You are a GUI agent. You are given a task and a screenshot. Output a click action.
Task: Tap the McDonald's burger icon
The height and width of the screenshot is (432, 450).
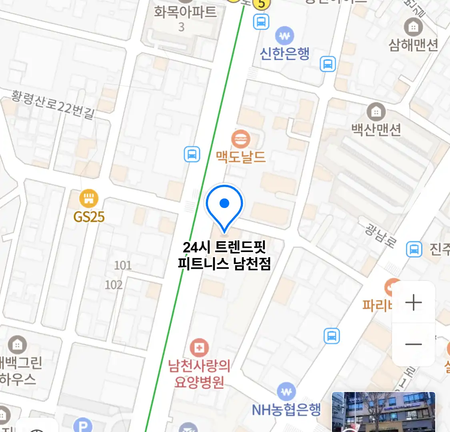241,139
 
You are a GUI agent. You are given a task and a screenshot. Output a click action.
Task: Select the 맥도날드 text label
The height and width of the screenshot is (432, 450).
241,157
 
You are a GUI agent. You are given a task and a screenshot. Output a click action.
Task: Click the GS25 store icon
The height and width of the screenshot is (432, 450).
89,198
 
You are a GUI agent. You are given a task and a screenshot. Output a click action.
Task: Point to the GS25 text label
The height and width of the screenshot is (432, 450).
89,217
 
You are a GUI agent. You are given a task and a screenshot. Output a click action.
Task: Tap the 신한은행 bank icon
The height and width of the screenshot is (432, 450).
284,36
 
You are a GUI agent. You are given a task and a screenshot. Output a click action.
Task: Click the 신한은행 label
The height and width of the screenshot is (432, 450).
284,53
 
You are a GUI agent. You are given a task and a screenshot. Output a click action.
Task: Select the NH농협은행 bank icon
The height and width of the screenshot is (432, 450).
286,392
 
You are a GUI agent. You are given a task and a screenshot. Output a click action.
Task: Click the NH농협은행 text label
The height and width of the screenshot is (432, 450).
286,410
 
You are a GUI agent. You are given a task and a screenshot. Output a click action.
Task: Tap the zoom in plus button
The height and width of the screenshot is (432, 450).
414,302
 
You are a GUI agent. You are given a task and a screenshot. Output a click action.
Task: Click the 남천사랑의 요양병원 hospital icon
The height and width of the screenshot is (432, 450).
199,348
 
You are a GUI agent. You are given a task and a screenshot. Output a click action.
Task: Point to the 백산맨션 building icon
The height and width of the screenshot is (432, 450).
376,112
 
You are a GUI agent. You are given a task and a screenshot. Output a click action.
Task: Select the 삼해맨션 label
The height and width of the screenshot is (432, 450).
414,45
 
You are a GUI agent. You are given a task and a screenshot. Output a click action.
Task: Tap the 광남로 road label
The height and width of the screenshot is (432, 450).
380,235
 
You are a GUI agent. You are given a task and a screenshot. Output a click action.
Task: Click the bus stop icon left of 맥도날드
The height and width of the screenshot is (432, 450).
192,154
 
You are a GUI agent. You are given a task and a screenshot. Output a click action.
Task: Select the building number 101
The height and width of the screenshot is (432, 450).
123,265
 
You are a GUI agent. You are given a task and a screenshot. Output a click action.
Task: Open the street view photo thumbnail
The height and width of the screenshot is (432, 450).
383,412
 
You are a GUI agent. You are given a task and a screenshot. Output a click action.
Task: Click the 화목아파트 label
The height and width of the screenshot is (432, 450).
186,12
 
